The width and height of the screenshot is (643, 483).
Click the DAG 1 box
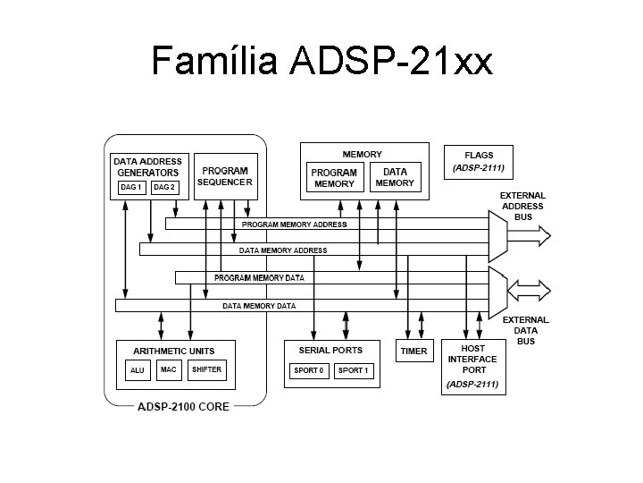pyautogui.click(x=131, y=188)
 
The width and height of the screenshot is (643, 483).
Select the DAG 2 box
pyautogui.click(x=163, y=188)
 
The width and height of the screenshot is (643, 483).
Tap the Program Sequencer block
pyautogui.click(x=225, y=176)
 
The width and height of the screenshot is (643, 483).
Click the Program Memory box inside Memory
pyautogui.click(x=335, y=178)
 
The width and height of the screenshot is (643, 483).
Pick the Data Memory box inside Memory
pyautogui.click(x=395, y=177)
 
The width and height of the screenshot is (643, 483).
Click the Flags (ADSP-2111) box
pyautogui.click(x=479, y=161)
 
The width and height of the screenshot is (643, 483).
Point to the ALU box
pyautogui.click(x=137, y=370)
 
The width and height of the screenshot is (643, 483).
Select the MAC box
pyautogui.click(x=168, y=369)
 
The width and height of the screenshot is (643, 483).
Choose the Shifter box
pyautogui.click(x=206, y=369)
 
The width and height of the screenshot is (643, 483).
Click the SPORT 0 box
pyautogui.click(x=309, y=370)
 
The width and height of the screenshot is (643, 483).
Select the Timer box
pyautogui.click(x=413, y=352)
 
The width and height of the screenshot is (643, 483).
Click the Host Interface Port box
pyautogui.click(x=472, y=367)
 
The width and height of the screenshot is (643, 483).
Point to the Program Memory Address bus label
pyautogui.click(x=295, y=225)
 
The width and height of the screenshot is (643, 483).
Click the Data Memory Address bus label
pyautogui.click(x=282, y=250)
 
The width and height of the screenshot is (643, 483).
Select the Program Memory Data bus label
pyautogui.click(x=259, y=278)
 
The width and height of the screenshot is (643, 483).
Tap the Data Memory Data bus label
pyautogui.click(x=259, y=306)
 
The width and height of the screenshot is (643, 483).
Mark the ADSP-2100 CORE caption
pyautogui.click(x=183, y=407)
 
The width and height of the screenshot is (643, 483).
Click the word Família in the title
pyautogui.click(x=214, y=61)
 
